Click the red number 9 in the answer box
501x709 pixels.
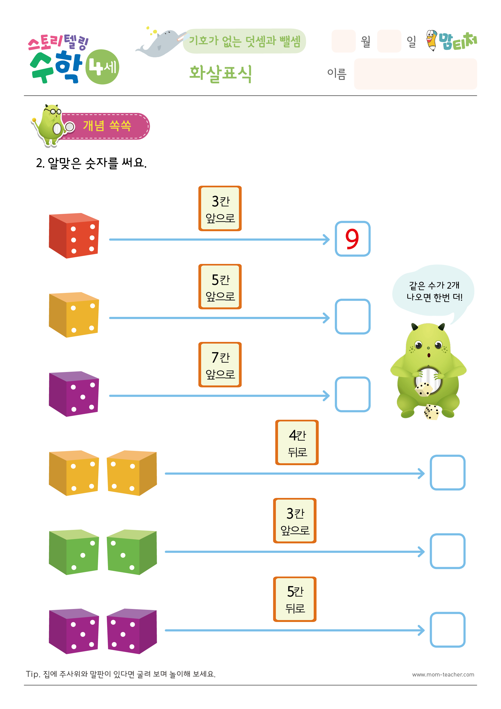[x=352, y=239]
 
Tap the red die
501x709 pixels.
[x=74, y=235]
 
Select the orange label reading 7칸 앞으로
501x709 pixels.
[x=220, y=364]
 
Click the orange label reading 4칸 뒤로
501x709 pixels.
[x=297, y=442]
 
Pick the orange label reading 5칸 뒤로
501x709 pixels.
[x=294, y=599]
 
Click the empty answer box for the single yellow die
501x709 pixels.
[x=353, y=317]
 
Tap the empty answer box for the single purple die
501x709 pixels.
[x=353, y=394]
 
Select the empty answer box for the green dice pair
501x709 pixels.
[x=448, y=551]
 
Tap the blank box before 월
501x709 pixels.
[x=343, y=41]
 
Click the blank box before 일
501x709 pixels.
[x=389, y=41]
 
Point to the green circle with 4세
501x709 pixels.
[x=102, y=67]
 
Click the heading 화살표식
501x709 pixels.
[x=221, y=74]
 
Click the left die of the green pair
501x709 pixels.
[x=74, y=552]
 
